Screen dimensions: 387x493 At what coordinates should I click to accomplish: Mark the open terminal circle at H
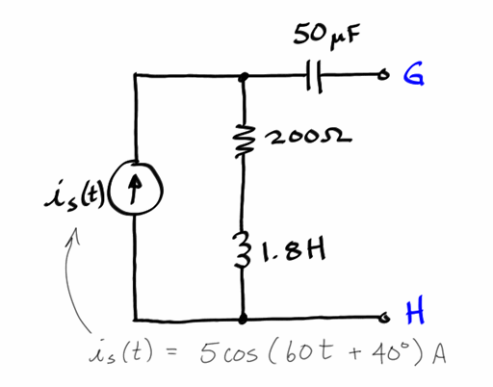click(384, 317)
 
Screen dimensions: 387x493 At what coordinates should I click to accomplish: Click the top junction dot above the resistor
click(243, 75)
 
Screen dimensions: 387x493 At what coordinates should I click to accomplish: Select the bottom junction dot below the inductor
click(243, 317)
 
